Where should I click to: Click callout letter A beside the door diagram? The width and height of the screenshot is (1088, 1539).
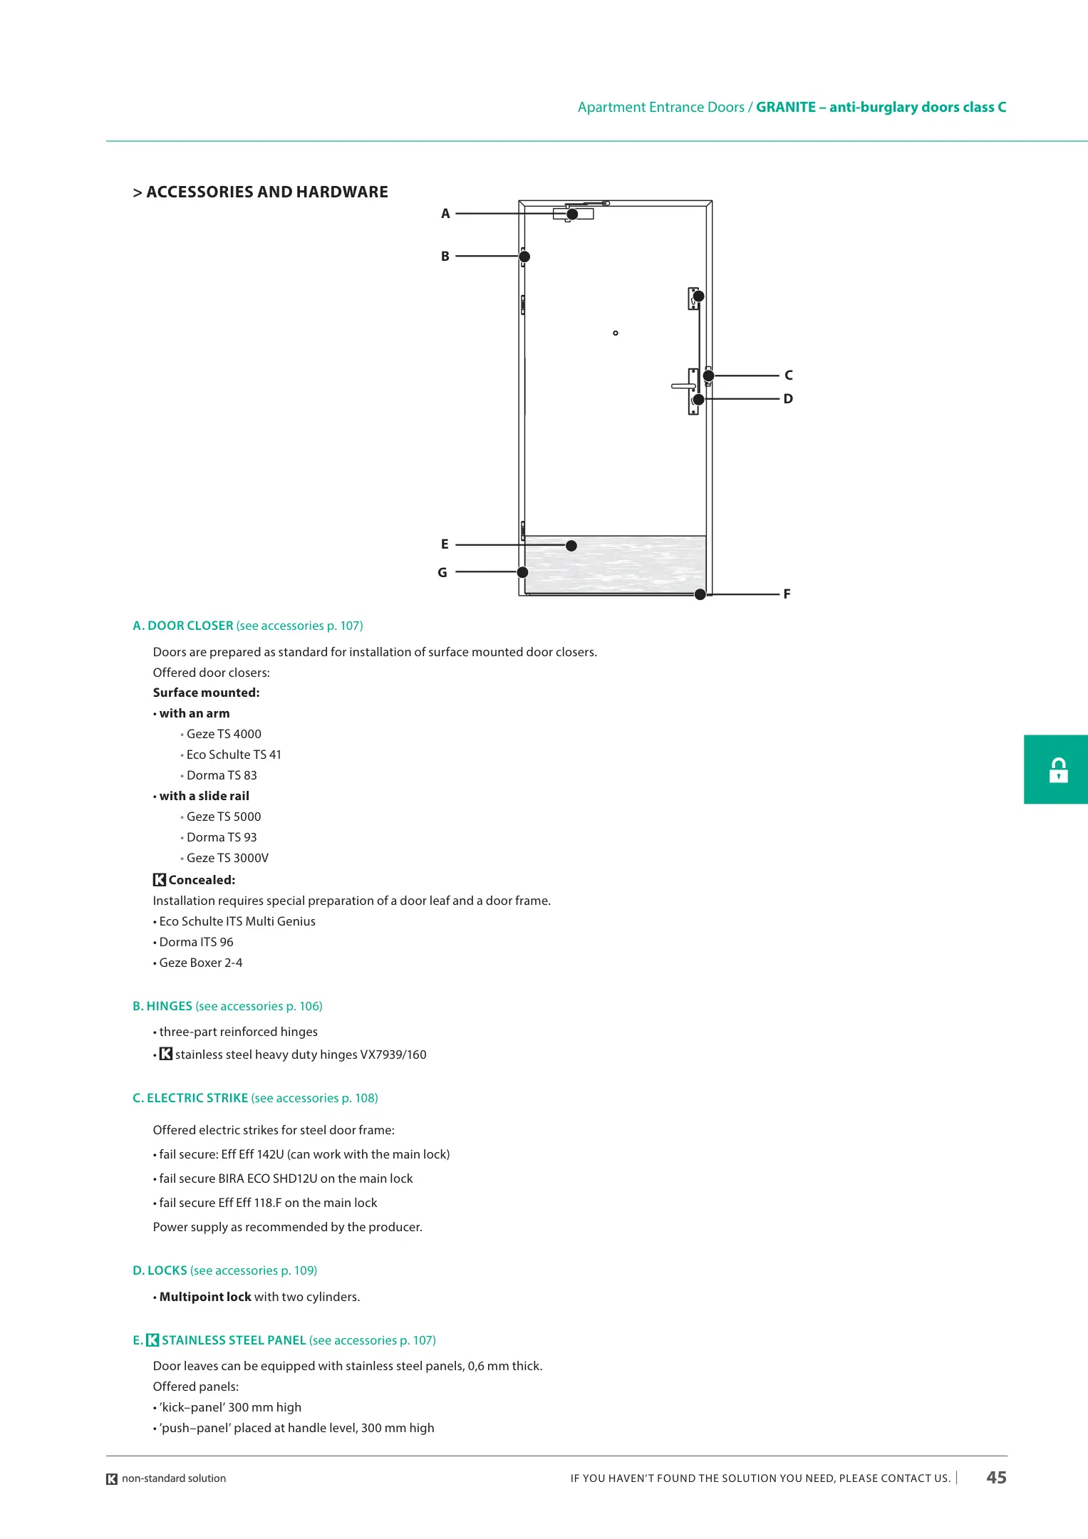[x=445, y=214]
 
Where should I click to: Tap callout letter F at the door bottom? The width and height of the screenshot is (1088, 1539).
[x=787, y=594]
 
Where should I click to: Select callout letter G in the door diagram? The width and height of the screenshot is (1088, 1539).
[x=442, y=573]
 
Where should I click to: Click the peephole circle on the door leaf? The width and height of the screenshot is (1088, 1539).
[x=616, y=333]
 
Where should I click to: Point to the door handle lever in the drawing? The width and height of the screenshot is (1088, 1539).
[x=682, y=386]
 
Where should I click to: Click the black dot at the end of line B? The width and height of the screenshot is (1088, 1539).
[x=524, y=256]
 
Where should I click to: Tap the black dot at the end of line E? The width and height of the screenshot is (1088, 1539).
[x=571, y=546]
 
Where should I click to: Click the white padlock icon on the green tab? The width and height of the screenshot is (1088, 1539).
[x=1058, y=770]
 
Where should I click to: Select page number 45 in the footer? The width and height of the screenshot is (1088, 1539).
[x=996, y=1478]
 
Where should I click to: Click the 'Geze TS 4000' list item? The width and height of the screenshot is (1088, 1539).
[x=224, y=734]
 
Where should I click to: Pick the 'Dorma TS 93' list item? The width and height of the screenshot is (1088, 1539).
[x=222, y=837]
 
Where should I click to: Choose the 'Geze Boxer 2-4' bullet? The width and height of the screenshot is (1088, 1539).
[x=200, y=963]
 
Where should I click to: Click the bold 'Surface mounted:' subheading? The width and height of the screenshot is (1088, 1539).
[x=206, y=693]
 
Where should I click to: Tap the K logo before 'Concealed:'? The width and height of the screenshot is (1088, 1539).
[x=160, y=880]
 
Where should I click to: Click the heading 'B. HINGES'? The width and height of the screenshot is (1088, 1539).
[x=162, y=1006]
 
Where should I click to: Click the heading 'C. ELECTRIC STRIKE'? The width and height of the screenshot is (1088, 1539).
[x=190, y=1098]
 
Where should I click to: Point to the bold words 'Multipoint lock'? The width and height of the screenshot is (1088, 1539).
[x=205, y=1297]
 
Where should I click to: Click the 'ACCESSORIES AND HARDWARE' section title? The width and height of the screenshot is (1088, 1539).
[x=266, y=192]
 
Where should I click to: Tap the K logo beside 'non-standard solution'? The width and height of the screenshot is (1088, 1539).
[x=112, y=1479]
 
